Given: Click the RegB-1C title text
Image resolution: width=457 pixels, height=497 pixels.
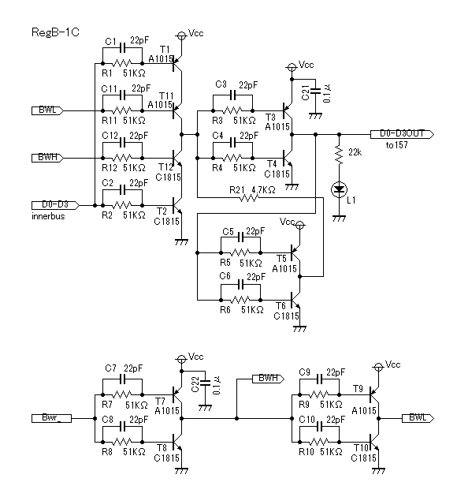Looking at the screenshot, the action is tap(55, 32).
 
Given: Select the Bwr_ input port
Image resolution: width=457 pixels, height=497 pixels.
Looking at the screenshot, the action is tap(51, 418).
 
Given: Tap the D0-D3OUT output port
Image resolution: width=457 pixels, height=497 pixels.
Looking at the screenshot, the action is tap(402, 134).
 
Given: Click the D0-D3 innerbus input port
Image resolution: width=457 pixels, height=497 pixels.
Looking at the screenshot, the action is tap(55, 205).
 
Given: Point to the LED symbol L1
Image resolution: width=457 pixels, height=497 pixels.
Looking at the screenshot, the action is tap(339, 189).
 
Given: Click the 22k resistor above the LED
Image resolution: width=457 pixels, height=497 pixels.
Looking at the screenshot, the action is tap(339, 155).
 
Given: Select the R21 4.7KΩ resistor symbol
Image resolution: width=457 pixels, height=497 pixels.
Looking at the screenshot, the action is tap(249, 198).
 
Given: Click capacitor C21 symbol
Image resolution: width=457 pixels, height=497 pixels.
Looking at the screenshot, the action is tap(315, 91).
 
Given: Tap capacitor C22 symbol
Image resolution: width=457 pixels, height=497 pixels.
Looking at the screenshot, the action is tap(205, 383).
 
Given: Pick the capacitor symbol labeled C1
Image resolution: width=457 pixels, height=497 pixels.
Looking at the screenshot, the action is tap(122, 48).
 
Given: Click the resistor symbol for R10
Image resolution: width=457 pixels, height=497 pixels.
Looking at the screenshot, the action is tap(319, 442).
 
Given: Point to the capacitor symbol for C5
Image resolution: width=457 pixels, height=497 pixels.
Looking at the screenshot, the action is tap(241, 237).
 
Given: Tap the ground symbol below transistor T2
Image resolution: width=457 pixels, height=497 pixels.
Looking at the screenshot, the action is tap(181, 242).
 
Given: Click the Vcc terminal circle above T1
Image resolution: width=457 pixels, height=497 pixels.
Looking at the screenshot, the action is tap(181, 35).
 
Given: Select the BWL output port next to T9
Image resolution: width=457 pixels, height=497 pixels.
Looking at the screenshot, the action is tap(418, 418).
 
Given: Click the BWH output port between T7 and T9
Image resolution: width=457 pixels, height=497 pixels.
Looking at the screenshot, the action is tap(268, 379).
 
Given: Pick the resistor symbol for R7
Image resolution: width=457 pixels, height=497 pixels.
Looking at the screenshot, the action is tap(122, 394).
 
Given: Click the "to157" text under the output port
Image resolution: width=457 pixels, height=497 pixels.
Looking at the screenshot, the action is tap(396, 145).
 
